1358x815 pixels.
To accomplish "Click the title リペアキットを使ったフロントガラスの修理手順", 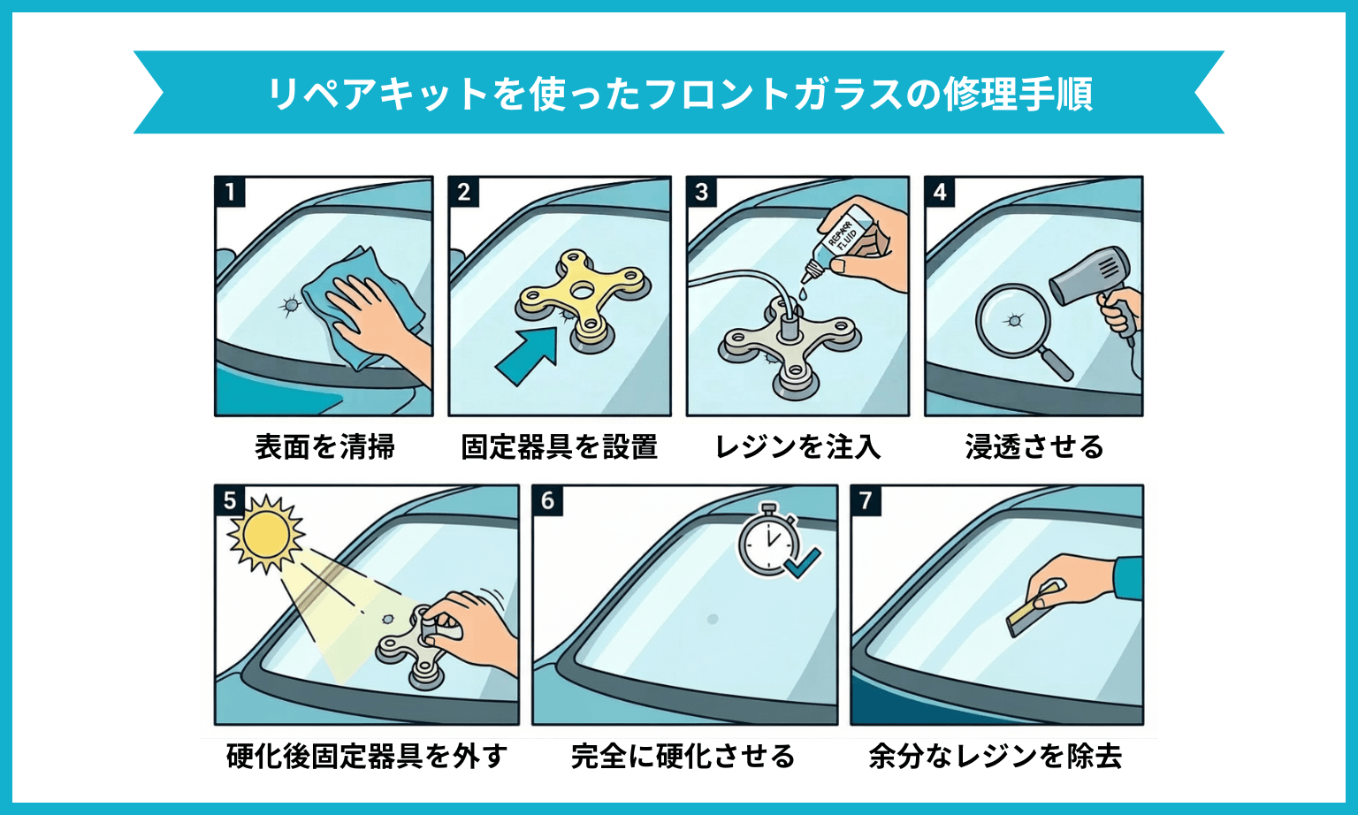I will pyautogui.click(x=679, y=93).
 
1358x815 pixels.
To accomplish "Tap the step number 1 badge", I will pyautogui.click(x=230, y=192).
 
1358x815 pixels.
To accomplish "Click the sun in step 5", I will pyautogui.click(x=265, y=534).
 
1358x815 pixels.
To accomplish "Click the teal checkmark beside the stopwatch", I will pyautogui.click(x=803, y=561).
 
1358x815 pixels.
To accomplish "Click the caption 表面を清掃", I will pyautogui.click(x=324, y=447).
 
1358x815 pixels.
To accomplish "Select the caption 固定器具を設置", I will pyautogui.click(x=559, y=447).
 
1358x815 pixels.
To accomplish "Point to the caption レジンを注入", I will pyautogui.click(x=797, y=447).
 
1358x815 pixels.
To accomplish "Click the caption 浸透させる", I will pyautogui.click(x=1034, y=447).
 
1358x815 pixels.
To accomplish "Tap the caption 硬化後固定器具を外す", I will pyautogui.click(x=367, y=757).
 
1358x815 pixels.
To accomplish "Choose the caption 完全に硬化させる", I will pyautogui.click(x=683, y=757).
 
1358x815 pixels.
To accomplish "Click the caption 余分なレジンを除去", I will pyautogui.click(x=996, y=757).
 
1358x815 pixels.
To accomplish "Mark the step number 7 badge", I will pyautogui.click(x=866, y=500).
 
